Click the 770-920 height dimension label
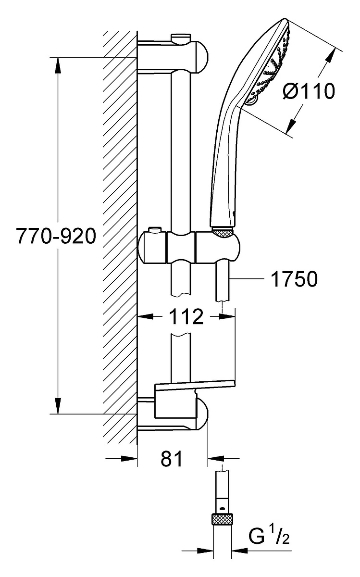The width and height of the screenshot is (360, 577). click(x=56, y=236)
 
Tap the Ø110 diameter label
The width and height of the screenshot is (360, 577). click(x=309, y=91)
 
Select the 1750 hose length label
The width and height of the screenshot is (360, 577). click(x=294, y=279)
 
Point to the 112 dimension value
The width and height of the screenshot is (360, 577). click(x=186, y=317)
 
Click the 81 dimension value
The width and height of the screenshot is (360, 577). click(x=172, y=459)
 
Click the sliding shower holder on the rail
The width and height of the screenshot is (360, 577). click(x=189, y=247)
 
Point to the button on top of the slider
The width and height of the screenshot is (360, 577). click(x=155, y=229)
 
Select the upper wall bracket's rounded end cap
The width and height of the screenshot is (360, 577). click(x=202, y=57)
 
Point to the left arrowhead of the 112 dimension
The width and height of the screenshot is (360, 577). click(x=146, y=316)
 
